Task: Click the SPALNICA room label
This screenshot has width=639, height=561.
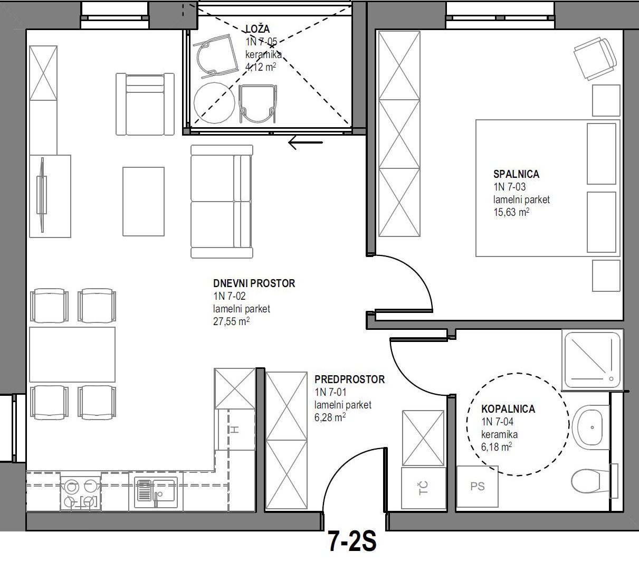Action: (516, 174)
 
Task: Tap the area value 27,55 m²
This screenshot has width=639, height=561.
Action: (232, 321)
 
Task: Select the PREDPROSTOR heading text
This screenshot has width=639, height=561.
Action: (350, 379)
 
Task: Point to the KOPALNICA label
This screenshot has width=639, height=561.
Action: (508, 409)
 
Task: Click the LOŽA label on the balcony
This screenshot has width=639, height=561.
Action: (257, 28)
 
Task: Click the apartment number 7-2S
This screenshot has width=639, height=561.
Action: (352, 541)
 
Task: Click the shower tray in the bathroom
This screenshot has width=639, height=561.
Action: (593, 360)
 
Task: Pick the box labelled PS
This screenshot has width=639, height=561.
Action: (477, 487)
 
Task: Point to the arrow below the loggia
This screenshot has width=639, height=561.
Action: (306, 142)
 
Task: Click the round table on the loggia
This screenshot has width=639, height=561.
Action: (214, 103)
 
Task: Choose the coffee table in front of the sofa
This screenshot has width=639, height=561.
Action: (144, 202)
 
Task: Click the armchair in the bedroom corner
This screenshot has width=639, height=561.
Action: (595, 59)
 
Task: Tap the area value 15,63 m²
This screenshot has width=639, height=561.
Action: (511, 212)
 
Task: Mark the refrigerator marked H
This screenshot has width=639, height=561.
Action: (235, 430)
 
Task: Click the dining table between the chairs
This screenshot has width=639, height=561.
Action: (72, 354)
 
